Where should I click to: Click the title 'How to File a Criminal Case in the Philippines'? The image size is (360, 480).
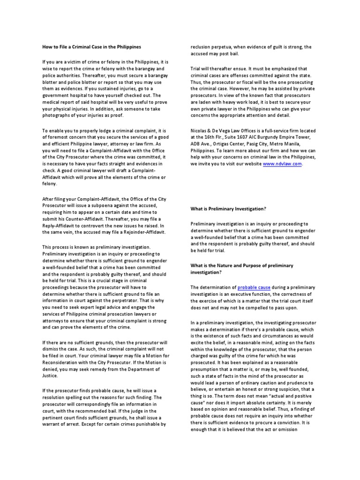[91, 47]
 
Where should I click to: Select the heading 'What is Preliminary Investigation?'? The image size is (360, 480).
[228, 208]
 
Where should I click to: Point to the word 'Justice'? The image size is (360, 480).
[50, 375]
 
